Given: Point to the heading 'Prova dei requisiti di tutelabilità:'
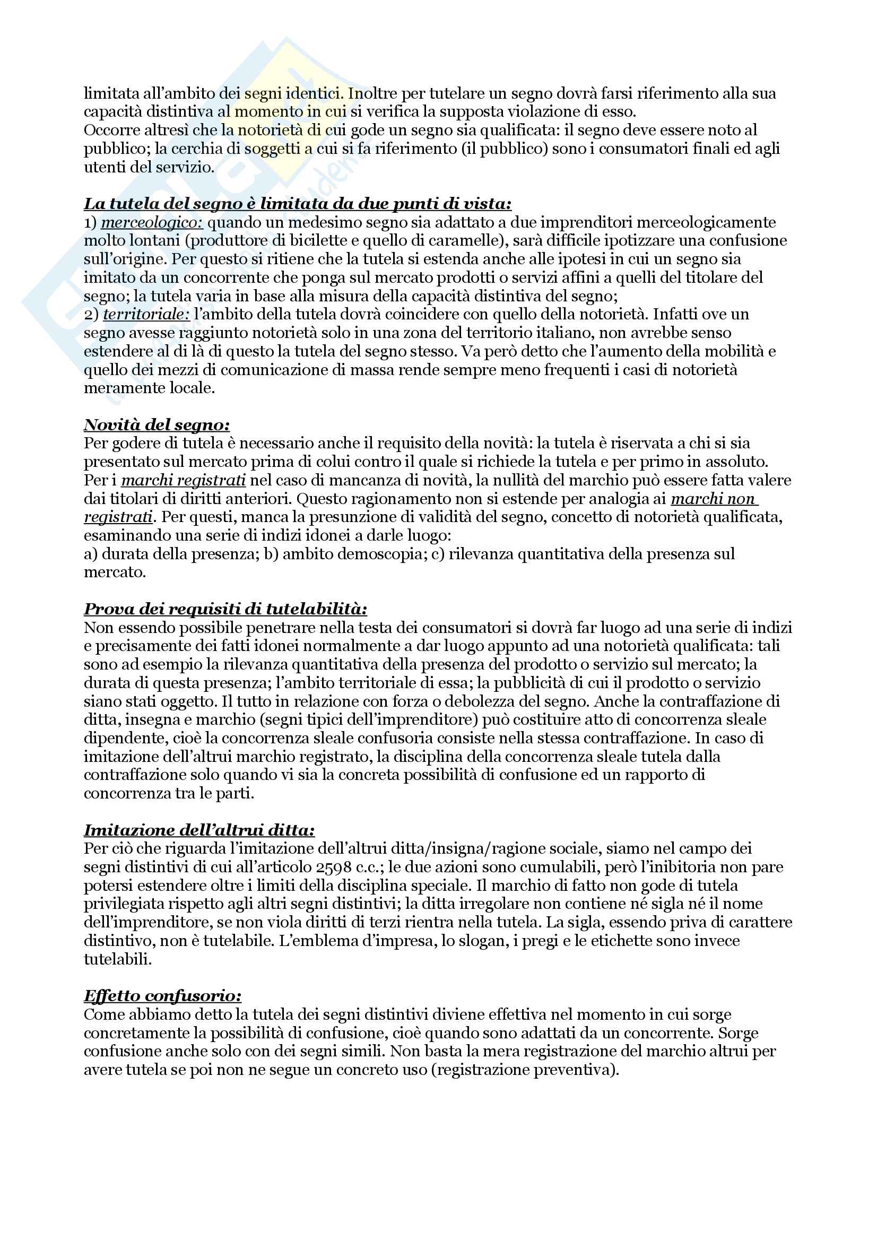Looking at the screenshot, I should click(x=225, y=609).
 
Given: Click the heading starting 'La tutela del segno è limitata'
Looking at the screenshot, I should click(x=298, y=204).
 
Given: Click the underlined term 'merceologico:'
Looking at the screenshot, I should click(x=152, y=222).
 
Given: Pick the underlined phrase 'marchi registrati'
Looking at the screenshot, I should click(x=184, y=480).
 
